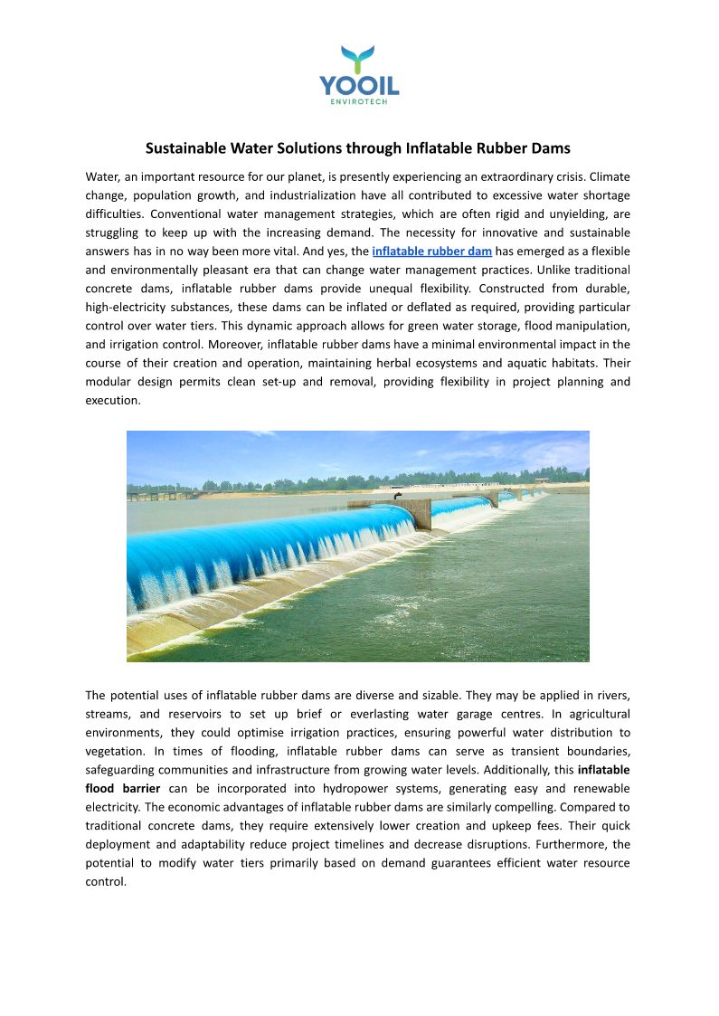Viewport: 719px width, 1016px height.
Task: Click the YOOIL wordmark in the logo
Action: tap(359, 86)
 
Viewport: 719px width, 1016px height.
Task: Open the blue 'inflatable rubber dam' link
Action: tap(431, 251)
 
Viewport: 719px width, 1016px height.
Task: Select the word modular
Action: tap(109, 382)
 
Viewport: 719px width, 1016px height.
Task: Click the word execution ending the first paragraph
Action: tap(113, 400)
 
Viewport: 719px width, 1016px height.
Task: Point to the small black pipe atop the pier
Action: tap(397, 495)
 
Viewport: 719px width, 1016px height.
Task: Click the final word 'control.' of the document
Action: tap(106, 881)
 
